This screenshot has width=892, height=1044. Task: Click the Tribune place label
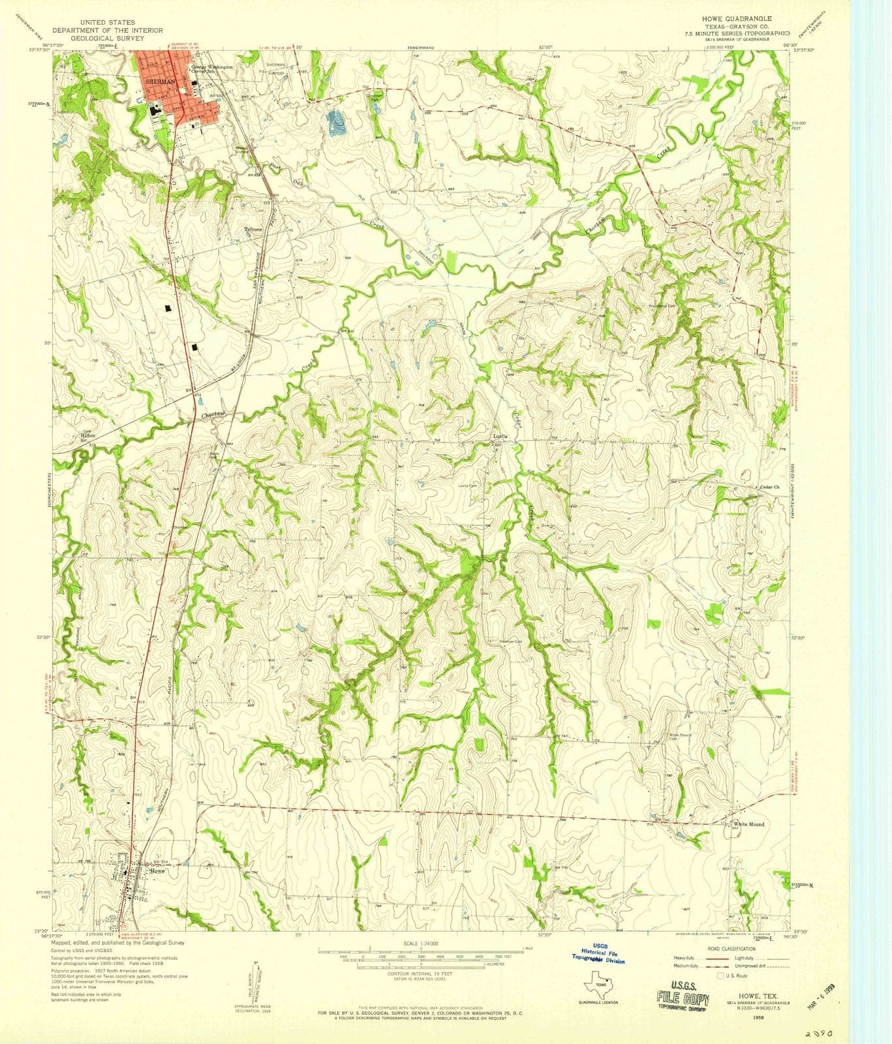(253, 230)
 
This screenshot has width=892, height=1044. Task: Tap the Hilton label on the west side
(87, 435)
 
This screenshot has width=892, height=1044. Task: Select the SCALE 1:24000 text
(422, 944)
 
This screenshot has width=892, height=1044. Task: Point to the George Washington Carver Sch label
(212, 69)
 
